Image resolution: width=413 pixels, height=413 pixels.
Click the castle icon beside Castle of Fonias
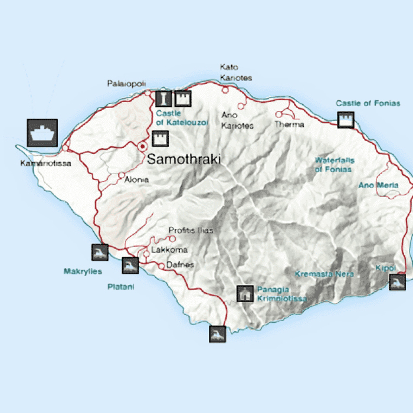[345, 120]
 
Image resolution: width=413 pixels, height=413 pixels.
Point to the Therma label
[289, 124]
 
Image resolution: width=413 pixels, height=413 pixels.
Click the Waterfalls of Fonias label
[333, 165]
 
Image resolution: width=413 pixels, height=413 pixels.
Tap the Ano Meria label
[378, 185]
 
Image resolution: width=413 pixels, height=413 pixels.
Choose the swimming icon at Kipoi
[398, 282]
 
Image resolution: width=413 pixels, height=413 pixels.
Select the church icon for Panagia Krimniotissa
[245, 293]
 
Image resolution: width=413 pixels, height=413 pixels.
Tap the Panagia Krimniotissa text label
[281, 294]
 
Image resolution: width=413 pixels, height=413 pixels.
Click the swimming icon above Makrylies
[100, 252]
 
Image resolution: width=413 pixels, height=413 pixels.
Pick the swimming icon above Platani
[130, 265]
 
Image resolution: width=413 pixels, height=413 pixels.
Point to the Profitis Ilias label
[191, 230]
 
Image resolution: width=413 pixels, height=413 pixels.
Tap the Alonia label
[136, 179]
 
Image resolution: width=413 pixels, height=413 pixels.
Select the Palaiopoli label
[126, 84]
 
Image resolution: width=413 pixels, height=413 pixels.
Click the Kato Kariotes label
[235, 73]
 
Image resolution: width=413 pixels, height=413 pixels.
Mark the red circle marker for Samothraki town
[142, 145]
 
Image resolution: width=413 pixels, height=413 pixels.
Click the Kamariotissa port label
[45, 163]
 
